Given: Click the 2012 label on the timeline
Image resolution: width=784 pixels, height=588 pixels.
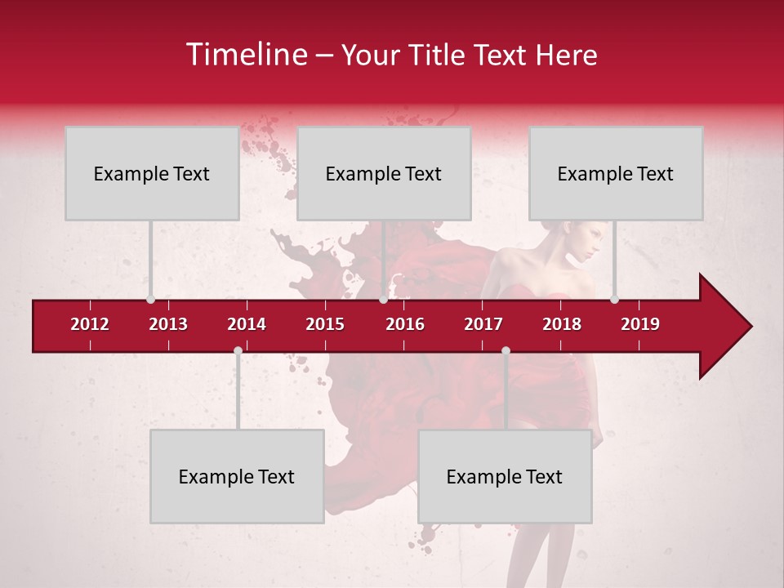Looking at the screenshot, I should [x=90, y=324].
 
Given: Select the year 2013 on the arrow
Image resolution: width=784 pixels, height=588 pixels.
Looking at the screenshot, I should [x=168, y=324].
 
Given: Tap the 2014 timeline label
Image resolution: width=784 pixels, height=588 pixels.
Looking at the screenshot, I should [x=247, y=324].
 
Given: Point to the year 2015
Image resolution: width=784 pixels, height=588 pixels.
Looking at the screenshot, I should [x=325, y=324].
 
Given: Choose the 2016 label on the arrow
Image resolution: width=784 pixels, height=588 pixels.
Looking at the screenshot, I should [x=405, y=324].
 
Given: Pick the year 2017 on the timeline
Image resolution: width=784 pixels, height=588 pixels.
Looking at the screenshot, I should [x=483, y=324].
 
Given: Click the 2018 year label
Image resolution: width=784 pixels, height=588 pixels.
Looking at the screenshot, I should [x=562, y=324].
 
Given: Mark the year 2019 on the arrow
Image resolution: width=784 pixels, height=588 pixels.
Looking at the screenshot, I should [x=640, y=324].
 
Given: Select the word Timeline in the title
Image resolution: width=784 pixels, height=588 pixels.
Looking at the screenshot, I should [x=245, y=55].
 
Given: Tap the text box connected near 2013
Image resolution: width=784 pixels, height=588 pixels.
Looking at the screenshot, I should [x=152, y=173].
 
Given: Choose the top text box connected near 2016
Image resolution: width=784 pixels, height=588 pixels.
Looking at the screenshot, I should [x=384, y=173].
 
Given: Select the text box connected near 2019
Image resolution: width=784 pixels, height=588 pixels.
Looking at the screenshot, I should [x=616, y=173].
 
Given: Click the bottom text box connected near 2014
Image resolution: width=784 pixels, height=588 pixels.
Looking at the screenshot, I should [x=237, y=476].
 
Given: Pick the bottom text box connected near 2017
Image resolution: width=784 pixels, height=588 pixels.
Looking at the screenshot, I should [x=505, y=476].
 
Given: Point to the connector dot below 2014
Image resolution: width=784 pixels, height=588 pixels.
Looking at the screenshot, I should [x=238, y=350].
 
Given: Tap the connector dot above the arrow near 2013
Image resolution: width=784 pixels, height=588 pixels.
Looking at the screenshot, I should [x=150, y=299].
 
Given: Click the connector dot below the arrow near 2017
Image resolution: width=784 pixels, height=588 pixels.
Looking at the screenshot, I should [x=506, y=350].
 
